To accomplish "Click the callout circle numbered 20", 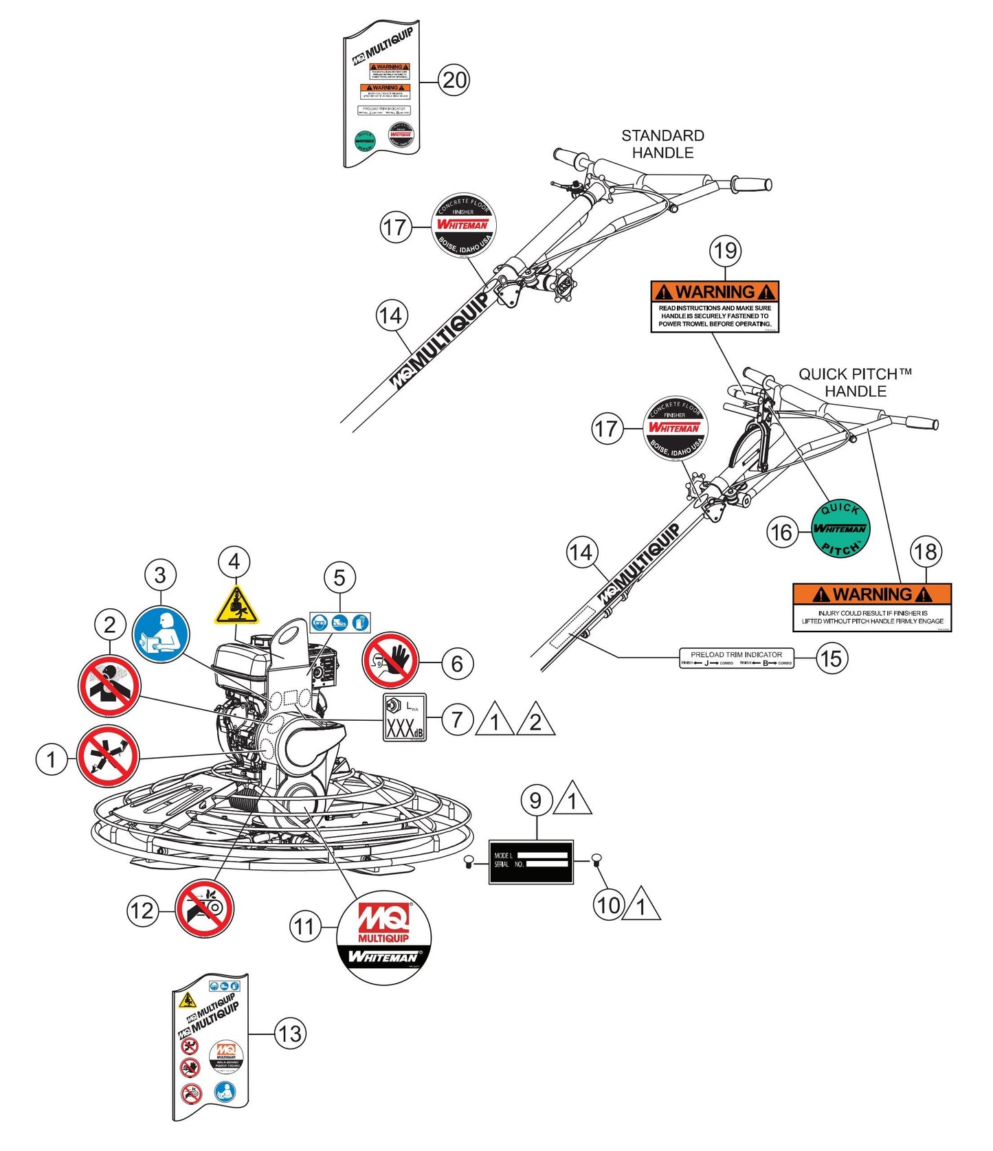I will [x=454, y=80].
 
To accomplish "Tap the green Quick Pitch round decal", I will [x=840, y=528].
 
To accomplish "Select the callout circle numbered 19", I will [x=725, y=251].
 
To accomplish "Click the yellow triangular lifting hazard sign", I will [x=236, y=606].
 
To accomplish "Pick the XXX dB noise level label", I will [x=405, y=718].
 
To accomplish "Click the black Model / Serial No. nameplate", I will [x=531, y=862].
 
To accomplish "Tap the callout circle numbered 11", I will [x=304, y=927].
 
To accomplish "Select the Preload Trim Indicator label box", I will [x=737, y=658].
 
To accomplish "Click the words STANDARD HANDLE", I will [x=662, y=144].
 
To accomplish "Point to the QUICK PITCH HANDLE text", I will [x=855, y=383].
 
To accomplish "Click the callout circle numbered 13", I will [x=289, y=1033].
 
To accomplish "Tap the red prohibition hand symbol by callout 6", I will [x=390, y=660].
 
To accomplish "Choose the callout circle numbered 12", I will [x=142, y=911].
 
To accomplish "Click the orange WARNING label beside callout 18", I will [x=872, y=607].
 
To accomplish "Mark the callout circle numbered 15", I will [x=831, y=658].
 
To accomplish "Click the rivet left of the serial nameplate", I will [x=468, y=862].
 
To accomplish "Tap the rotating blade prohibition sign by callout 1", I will [x=108, y=757].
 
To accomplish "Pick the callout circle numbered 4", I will [x=234, y=562].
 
